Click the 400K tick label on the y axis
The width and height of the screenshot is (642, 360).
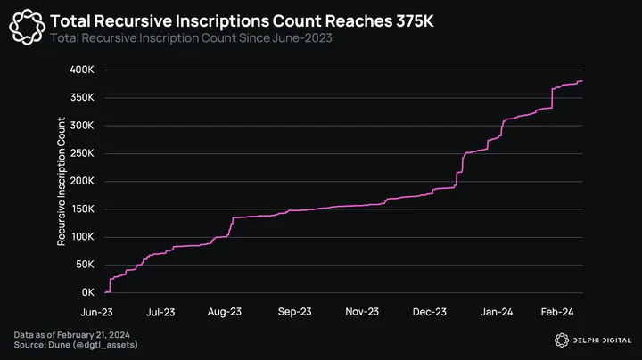(x=82, y=70)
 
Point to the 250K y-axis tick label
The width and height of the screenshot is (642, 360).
(x=82, y=153)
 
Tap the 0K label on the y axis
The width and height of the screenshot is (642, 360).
(x=87, y=292)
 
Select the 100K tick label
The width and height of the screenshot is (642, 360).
(x=82, y=236)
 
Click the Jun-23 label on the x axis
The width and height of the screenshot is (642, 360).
(x=96, y=312)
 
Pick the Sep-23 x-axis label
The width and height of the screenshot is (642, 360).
(x=295, y=312)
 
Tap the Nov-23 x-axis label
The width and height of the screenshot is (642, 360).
(x=362, y=312)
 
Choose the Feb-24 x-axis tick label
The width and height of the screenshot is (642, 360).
(x=557, y=312)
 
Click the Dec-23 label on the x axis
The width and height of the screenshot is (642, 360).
(x=430, y=312)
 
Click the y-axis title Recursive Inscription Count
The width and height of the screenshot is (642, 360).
(x=62, y=182)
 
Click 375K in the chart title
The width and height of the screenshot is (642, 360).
(x=415, y=21)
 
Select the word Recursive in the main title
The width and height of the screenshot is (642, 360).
(x=139, y=21)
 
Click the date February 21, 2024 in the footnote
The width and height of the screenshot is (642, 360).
(x=94, y=335)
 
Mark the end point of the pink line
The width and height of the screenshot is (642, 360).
(x=582, y=81)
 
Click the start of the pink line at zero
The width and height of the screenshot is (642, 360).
(x=105, y=292)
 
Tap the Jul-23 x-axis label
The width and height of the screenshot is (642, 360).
(x=160, y=312)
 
